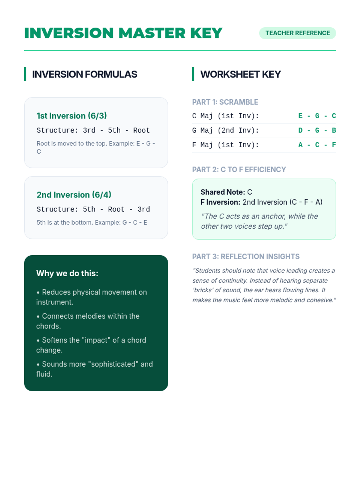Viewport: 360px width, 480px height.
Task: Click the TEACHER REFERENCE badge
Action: [297, 33]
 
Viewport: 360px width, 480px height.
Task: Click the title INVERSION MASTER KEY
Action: [123, 33]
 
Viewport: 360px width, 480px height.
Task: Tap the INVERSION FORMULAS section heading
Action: [85, 74]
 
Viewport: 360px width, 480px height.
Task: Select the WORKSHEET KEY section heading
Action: [240, 74]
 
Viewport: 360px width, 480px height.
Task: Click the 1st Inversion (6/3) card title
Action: [72, 116]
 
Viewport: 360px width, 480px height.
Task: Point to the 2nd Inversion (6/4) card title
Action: [74, 195]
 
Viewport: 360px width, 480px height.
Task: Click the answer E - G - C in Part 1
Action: [317, 116]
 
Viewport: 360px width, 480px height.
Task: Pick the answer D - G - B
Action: [317, 130]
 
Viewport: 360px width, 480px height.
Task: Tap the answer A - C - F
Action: [317, 145]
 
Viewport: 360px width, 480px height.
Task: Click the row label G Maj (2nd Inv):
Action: [225, 130]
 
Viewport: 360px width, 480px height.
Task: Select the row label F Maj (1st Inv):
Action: [225, 145]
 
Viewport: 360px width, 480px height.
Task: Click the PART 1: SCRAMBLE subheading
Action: [225, 102]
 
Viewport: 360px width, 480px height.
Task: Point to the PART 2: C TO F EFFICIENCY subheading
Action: [239, 169]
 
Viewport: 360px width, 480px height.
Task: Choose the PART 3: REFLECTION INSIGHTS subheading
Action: [246, 256]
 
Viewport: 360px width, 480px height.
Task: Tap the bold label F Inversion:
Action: [220, 202]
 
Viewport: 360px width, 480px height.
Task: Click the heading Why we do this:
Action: [67, 273]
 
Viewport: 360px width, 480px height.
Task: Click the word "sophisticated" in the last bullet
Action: [113, 364]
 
